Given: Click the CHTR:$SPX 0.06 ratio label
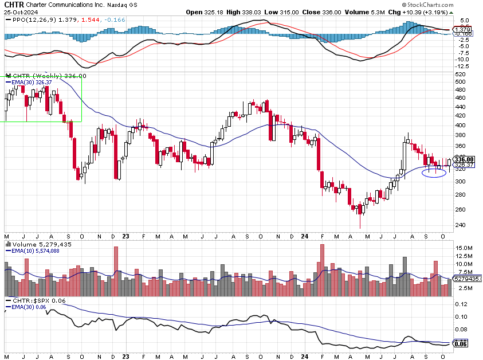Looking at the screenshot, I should [34, 300].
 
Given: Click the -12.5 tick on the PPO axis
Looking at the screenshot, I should [462, 66].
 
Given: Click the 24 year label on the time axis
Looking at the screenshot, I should [304, 236].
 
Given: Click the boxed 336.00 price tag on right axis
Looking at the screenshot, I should [464, 159].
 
